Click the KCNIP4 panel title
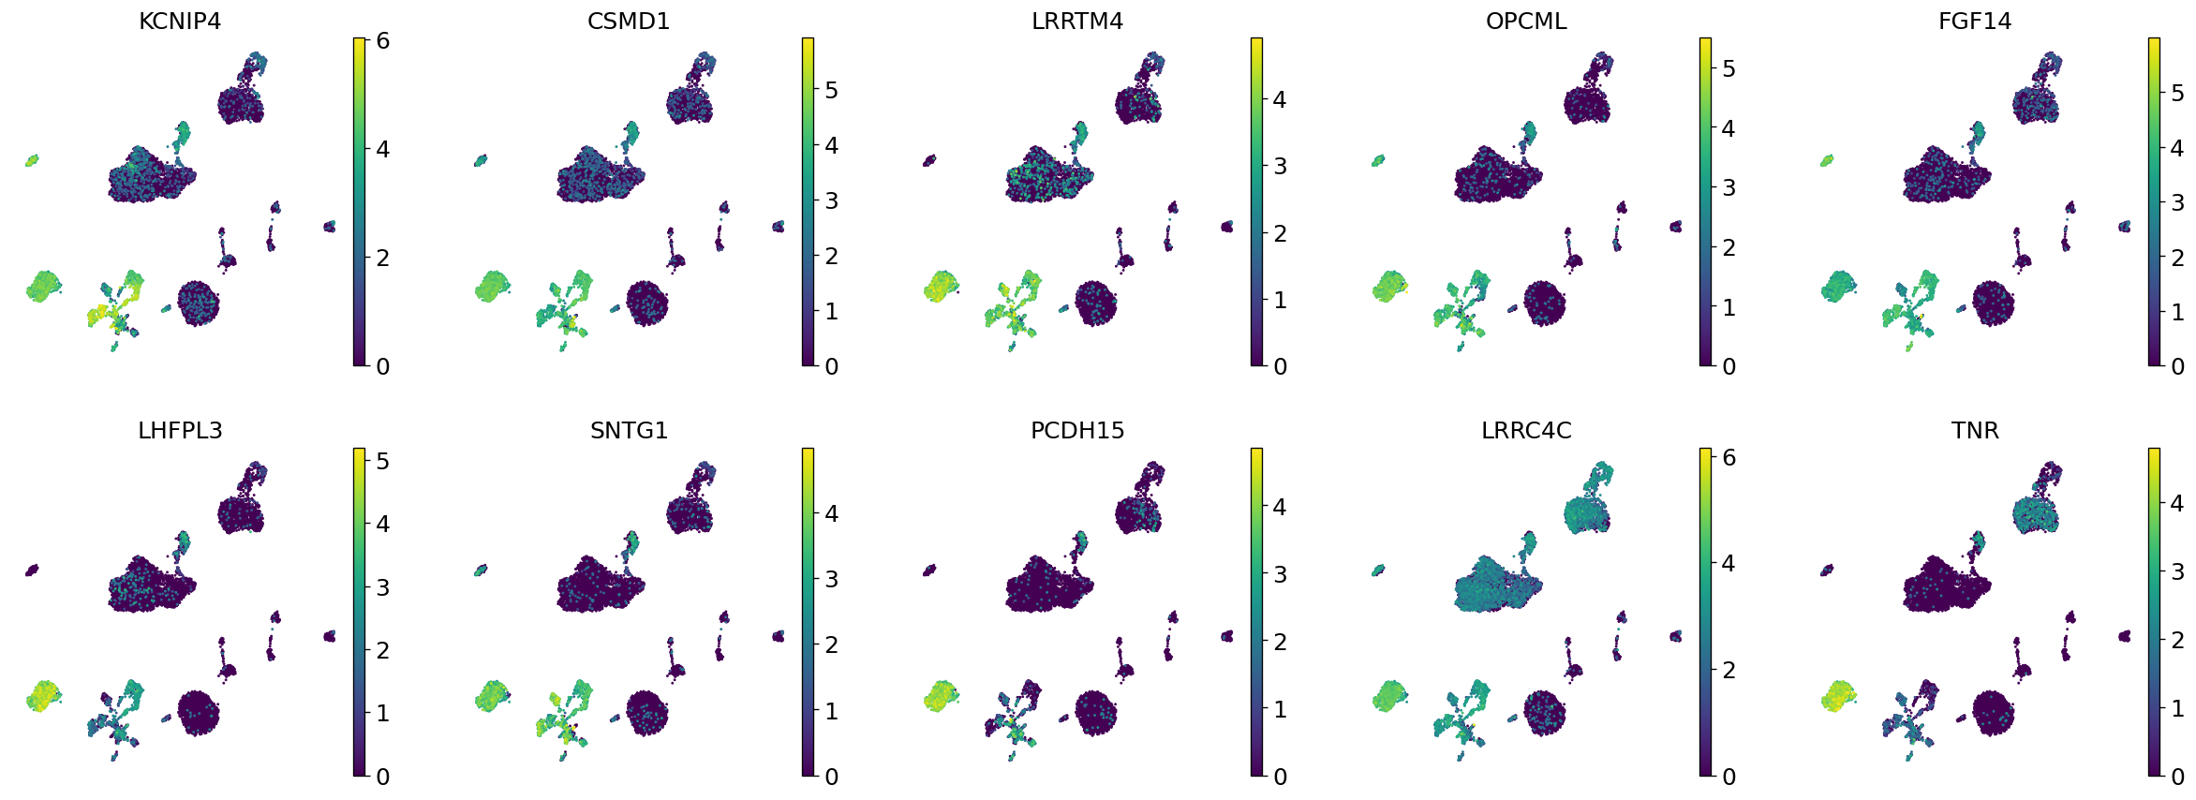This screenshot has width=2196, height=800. coord(179,21)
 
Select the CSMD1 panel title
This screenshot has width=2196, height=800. coord(629,21)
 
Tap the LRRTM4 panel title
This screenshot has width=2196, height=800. coord(1077,21)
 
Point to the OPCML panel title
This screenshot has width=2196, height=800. coord(1526,21)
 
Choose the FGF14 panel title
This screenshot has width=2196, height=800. coord(1975,21)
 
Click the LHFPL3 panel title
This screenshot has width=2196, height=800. coord(180,430)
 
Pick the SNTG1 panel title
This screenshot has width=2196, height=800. coord(629,430)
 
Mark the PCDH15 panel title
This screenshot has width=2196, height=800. coord(1077,430)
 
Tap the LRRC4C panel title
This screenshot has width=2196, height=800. coord(1526,430)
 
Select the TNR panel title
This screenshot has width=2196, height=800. coord(1975,430)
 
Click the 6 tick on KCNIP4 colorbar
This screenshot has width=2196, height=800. coord(382,40)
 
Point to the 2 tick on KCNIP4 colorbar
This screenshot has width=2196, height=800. coord(382,258)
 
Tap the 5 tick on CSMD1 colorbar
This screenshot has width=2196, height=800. coord(831,91)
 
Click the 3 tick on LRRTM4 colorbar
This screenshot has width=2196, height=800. coord(1280,167)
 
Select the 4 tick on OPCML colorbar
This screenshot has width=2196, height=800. coord(1729,128)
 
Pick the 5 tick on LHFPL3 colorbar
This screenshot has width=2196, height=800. coord(382,461)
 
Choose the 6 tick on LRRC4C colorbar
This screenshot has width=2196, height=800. coord(1729,457)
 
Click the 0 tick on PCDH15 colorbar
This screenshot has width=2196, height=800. coord(1280,777)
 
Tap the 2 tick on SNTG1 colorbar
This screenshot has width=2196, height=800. coord(831,644)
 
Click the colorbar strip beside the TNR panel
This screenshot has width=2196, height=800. coord(2154,612)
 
